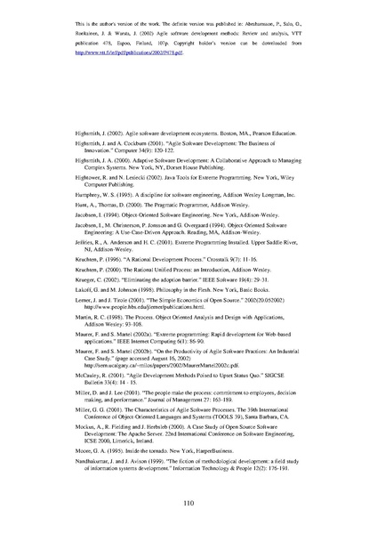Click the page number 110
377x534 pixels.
pyautogui.click(x=188, y=504)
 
